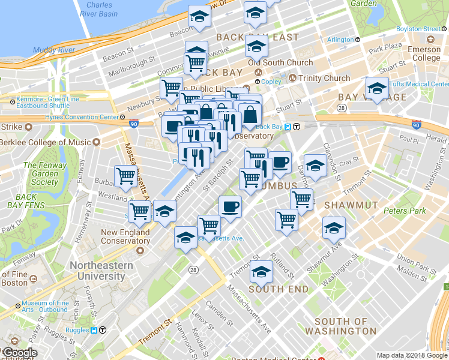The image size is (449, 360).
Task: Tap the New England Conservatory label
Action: pos(125,236)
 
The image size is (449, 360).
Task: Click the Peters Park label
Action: pos(405,211)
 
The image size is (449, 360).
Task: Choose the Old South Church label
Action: pos(280,62)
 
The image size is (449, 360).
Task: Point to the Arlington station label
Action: pos(340,40)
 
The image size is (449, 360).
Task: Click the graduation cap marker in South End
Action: pos(261,272)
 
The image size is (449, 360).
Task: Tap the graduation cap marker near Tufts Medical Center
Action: pos(376,88)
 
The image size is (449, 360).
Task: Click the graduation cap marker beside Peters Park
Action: pos(334,227)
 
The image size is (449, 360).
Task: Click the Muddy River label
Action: pos(53,50)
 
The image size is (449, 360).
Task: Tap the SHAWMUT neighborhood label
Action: pos(351,205)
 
